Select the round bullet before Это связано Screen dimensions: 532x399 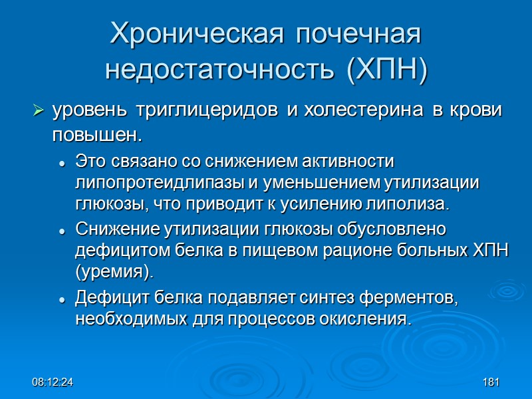(x=62, y=162)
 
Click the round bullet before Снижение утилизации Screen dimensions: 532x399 (x=62, y=231)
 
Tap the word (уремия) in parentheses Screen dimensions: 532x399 (x=114, y=271)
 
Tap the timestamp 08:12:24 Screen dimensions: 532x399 (x=55, y=383)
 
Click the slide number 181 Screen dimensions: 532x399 (x=491, y=383)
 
